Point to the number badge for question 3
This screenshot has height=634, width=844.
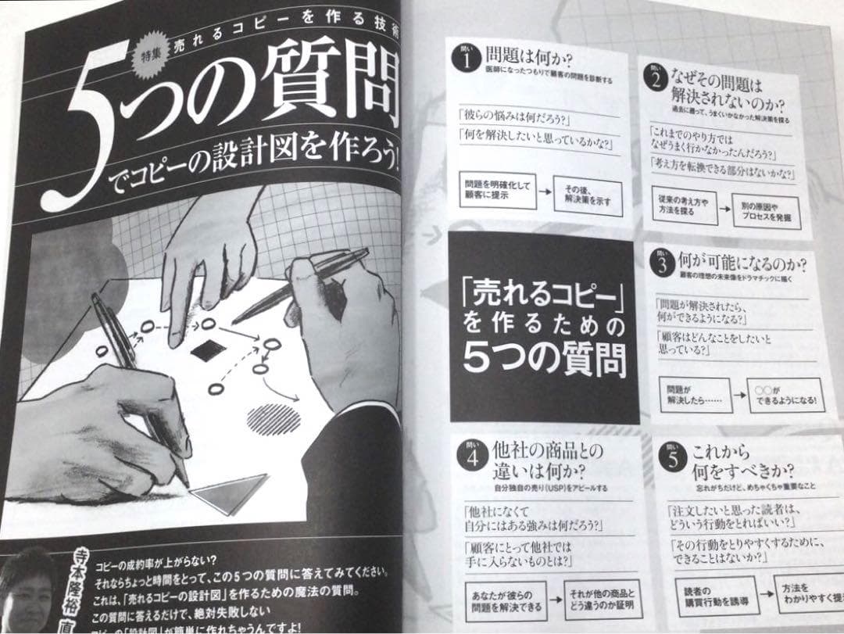pos(660,263)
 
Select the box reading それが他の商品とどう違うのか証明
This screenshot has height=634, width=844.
pos(603,597)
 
